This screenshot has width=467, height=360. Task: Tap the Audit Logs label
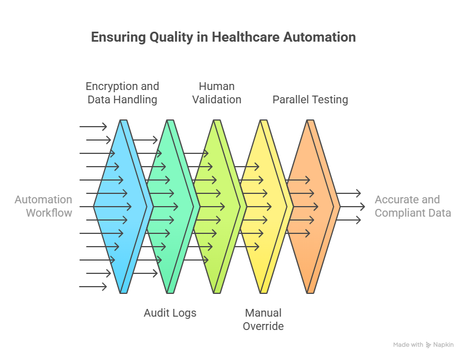tap(170, 313)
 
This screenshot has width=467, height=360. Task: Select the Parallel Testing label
tap(310, 99)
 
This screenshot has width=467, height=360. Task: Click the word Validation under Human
tap(217, 99)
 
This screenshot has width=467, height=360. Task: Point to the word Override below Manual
tap(264, 326)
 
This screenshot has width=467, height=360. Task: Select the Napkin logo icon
tap(429, 345)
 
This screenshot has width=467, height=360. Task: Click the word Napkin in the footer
tap(444, 345)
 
